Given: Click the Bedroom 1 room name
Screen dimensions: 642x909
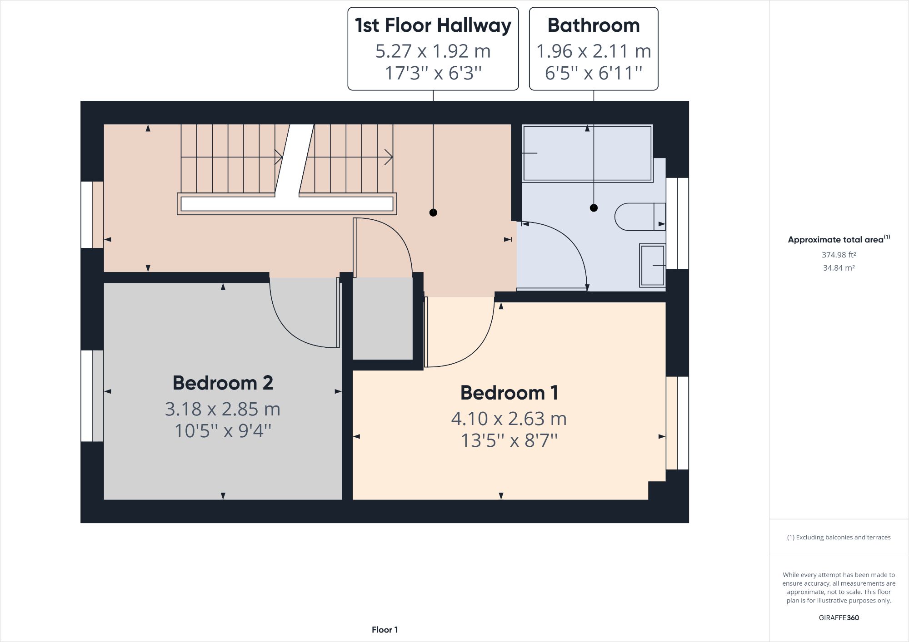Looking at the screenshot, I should pos(509,393).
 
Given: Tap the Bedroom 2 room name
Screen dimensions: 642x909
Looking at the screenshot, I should pos(223,383).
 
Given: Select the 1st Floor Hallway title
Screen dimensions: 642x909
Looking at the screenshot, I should pos(433,25).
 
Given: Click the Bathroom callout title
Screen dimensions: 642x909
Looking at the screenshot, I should pos(593,25).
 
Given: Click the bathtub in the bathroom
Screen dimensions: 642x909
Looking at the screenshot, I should pos(587,153).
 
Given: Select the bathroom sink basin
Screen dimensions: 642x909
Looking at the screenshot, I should pos(653,266).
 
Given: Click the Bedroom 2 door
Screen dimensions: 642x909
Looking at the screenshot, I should pos(338,313).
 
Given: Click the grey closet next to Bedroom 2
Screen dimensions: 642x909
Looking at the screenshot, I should pos(383,318).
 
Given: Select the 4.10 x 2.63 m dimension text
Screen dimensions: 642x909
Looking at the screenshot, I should pos(509,419).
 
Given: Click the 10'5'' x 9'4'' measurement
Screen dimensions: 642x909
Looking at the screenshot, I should pos(223,431).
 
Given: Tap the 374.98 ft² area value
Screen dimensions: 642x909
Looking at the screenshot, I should pos(839,255).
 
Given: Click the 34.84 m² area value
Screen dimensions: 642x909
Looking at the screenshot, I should pos(839,268).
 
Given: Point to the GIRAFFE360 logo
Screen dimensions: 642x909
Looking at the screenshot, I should pos(839,617).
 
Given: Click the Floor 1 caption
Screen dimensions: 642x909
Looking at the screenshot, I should pos(385,630).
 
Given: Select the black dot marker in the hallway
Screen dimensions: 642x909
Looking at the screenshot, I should pos(433,212).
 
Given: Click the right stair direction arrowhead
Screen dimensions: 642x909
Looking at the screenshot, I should pos(389,157).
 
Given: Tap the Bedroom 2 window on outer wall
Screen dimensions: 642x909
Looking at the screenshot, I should pos(87,395).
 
